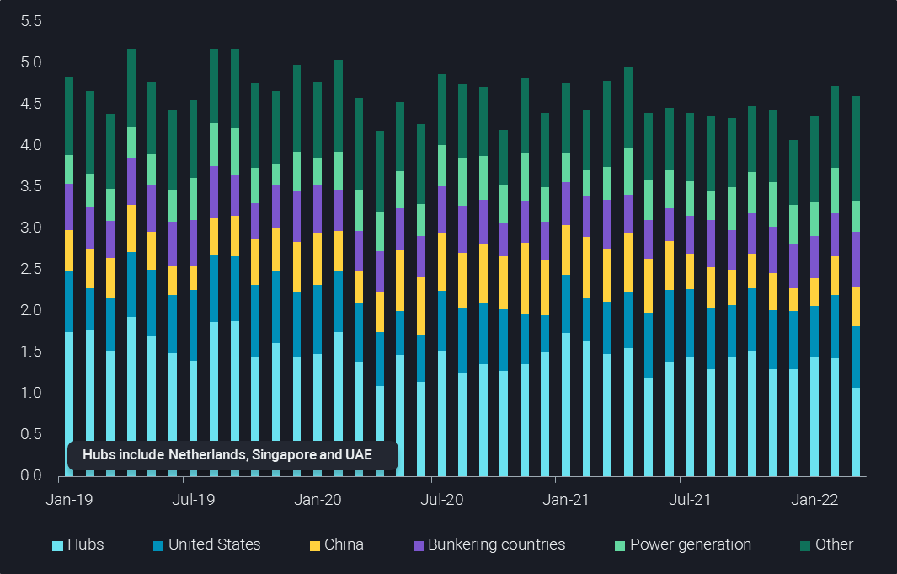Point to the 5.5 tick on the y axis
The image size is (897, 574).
31,21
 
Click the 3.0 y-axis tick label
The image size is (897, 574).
31,228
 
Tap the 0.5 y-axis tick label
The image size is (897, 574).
31,434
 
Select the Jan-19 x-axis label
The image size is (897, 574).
69,500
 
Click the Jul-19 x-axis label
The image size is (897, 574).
193,500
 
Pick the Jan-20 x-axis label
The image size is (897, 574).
318,500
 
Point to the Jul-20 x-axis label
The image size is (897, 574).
441,500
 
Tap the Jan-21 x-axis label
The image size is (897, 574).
566,500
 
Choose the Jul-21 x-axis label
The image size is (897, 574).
690,500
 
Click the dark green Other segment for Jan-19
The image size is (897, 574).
69,115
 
